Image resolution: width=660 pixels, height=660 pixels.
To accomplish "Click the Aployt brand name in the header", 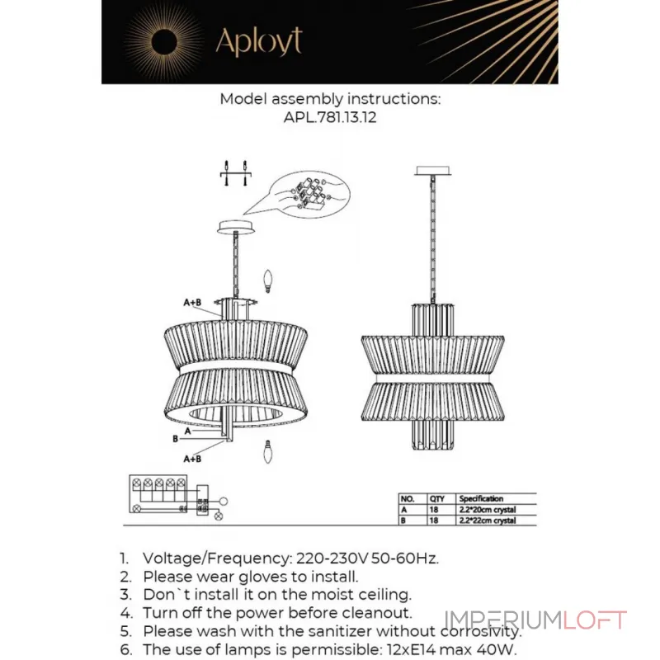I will tap(257, 41).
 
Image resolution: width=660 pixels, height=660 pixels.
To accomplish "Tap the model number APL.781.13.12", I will tap(330, 118).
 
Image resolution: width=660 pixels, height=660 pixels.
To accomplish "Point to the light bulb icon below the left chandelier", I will tap(266, 450).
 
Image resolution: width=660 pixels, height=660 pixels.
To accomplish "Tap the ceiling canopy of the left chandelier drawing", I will tap(238, 226).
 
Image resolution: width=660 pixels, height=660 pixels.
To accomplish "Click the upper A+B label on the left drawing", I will tap(192, 303).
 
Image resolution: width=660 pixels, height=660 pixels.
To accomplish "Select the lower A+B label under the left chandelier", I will tap(192, 458).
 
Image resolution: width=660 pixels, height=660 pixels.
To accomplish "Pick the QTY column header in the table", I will tap(436, 499).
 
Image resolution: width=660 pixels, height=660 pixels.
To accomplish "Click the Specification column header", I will tap(481, 499).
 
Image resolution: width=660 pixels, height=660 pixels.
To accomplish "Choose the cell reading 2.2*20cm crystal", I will tap(488, 510).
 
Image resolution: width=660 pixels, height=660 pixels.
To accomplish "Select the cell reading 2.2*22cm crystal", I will tap(488, 521).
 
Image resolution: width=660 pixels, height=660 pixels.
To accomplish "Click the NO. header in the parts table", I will tap(407, 499).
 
